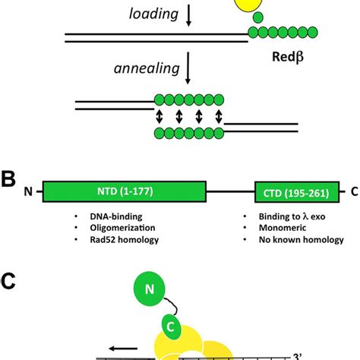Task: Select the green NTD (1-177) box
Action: (125, 191)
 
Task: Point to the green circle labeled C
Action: (174, 327)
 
